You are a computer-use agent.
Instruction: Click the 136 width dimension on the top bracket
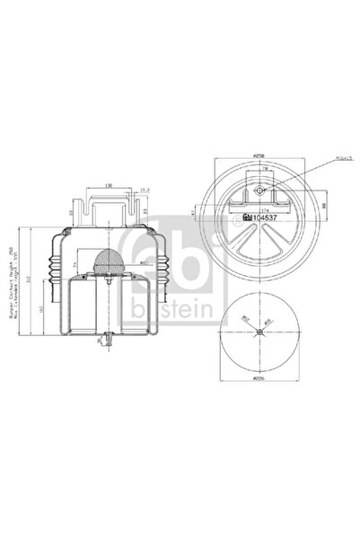107,186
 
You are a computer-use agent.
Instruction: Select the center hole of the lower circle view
258,332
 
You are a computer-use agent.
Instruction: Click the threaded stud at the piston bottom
108,339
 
